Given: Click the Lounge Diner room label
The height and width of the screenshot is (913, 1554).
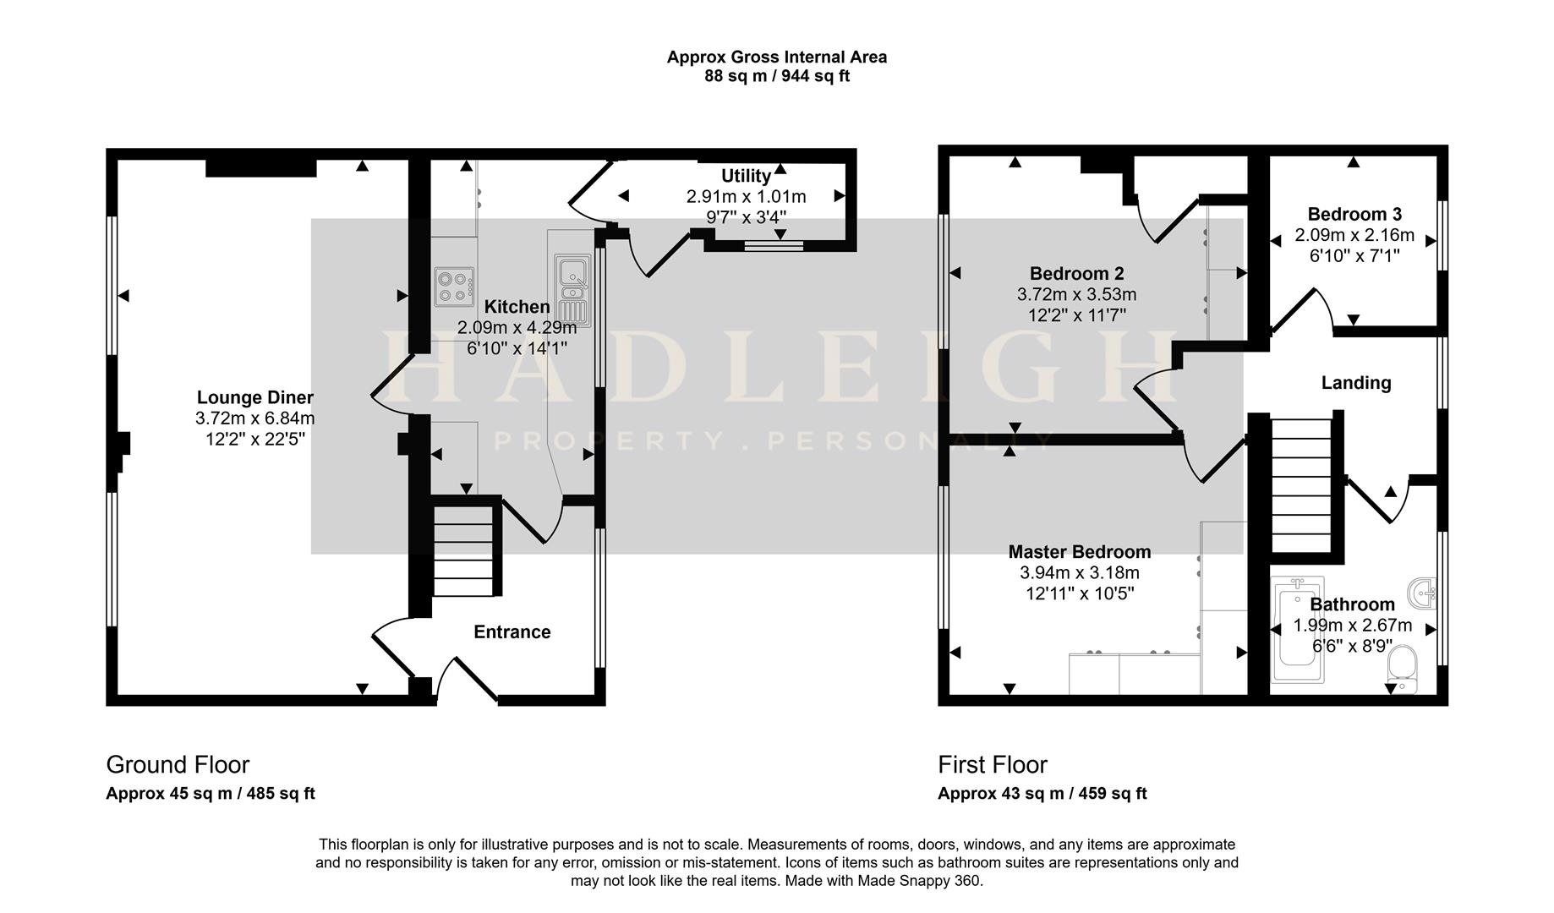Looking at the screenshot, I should pos(254,397).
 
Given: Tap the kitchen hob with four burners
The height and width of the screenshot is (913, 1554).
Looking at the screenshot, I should pos(454,286).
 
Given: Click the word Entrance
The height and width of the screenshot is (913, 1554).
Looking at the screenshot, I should pos(512,632).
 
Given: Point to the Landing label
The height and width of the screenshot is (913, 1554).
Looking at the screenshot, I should pos(1355,383).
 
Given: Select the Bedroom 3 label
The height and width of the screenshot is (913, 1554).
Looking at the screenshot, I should pos(1354,215).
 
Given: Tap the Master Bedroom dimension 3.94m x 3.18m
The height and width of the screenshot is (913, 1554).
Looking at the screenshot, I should pos(1079,573).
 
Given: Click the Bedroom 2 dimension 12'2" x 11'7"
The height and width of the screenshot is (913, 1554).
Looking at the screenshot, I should pos(1076,315).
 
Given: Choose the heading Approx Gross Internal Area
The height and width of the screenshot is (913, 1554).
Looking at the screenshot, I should pos(776,57).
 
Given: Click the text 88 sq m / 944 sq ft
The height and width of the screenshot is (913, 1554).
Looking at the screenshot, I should pos(776,76).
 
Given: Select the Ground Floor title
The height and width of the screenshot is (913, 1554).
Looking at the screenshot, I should pos(178,765).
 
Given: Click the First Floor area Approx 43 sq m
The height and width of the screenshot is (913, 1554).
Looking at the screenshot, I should pos(1042,794).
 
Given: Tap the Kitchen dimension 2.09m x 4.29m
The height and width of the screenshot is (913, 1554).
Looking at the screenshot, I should pos(517,327).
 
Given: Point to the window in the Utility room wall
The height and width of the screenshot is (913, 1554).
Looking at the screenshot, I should pos(774,246).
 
